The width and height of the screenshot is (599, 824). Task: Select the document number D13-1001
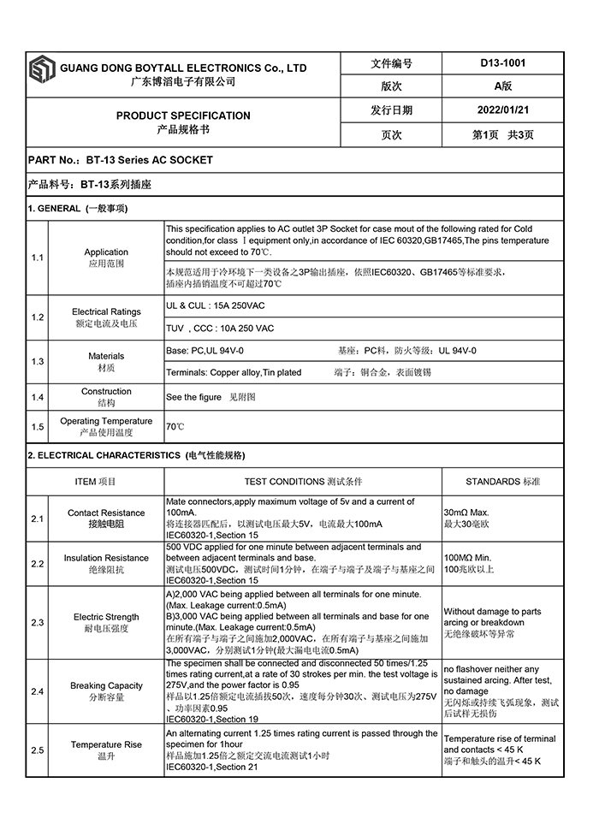pyautogui.click(x=503, y=63)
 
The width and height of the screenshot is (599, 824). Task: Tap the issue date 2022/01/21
pyautogui.click(x=503, y=110)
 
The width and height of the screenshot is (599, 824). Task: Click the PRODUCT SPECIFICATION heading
pyautogui.click(x=183, y=116)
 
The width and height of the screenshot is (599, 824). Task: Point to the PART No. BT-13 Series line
pyautogui.click(x=121, y=160)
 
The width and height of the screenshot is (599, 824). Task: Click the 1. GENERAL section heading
pyautogui.click(x=78, y=209)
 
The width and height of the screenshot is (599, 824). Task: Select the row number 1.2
pyautogui.click(x=38, y=317)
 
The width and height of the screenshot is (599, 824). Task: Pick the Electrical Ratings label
pyautogui.click(x=106, y=312)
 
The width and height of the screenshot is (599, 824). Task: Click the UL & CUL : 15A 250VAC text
pyautogui.click(x=216, y=305)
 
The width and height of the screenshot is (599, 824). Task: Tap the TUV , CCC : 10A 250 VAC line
pyautogui.click(x=220, y=329)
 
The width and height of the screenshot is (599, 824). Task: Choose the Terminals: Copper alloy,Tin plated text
pyautogui.click(x=234, y=373)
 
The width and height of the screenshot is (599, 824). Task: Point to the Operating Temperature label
pyautogui.click(x=106, y=421)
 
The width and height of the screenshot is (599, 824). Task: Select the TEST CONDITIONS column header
pyautogui.click(x=303, y=482)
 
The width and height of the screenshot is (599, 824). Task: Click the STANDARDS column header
pyautogui.click(x=502, y=482)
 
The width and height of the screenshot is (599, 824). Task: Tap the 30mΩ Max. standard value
pyautogui.click(x=466, y=512)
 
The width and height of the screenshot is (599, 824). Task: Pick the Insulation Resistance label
pyautogui.click(x=106, y=558)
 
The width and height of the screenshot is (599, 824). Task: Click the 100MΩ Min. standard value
pyautogui.click(x=468, y=558)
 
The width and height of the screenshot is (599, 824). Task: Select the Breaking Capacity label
pyautogui.click(x=106, y=685)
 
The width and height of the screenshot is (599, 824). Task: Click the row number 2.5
pyautogui.click(x=38, y=750)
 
